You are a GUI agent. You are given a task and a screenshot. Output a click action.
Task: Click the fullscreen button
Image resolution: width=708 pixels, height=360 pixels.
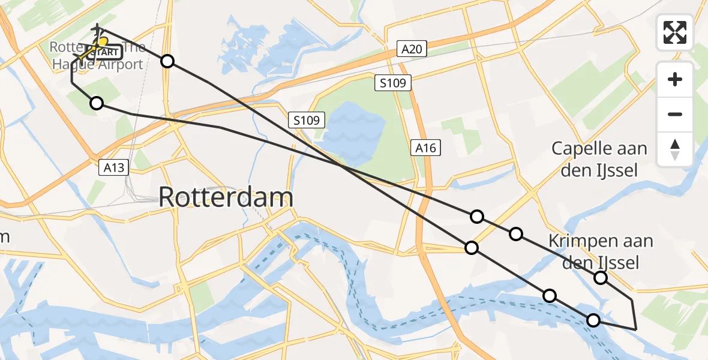pyautogui.click(x=675, y=32)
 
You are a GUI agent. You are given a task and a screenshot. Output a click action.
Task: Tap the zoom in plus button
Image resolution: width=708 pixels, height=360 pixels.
pyautogui.click(x=675, y=79)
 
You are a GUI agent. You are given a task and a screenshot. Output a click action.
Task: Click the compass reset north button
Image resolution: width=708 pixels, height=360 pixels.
pyautogui.click(x=675, y=149)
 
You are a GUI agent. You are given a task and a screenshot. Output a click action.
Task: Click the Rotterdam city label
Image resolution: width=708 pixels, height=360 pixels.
pyautogui.click(x=226, y=197)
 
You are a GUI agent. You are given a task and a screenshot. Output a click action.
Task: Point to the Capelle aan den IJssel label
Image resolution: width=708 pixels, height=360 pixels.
pyautogui.click(x=599, y=159)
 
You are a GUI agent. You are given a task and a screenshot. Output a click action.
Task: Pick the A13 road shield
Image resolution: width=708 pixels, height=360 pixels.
pyautogui.click(x=113, y=167)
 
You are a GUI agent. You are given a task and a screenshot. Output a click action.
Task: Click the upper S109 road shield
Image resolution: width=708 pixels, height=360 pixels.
pyautogui.click(x=393, y=83)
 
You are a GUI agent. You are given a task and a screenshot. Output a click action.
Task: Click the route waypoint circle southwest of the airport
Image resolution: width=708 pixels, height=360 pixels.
pyautogui.click(x=97, y=104)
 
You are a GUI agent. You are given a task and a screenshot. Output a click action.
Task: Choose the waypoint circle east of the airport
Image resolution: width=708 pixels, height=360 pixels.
pyautogui.click(x=167, y=61)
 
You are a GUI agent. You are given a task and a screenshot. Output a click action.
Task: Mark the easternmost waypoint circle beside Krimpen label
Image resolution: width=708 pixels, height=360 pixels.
pyautogui.click(x=600, y=277)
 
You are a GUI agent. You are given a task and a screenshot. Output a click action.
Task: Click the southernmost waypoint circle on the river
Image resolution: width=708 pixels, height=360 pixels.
pyautogui.click(x=593, y=320)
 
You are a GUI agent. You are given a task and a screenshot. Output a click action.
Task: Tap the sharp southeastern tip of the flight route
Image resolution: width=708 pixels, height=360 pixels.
pyautogui.click(x=635, y=329)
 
